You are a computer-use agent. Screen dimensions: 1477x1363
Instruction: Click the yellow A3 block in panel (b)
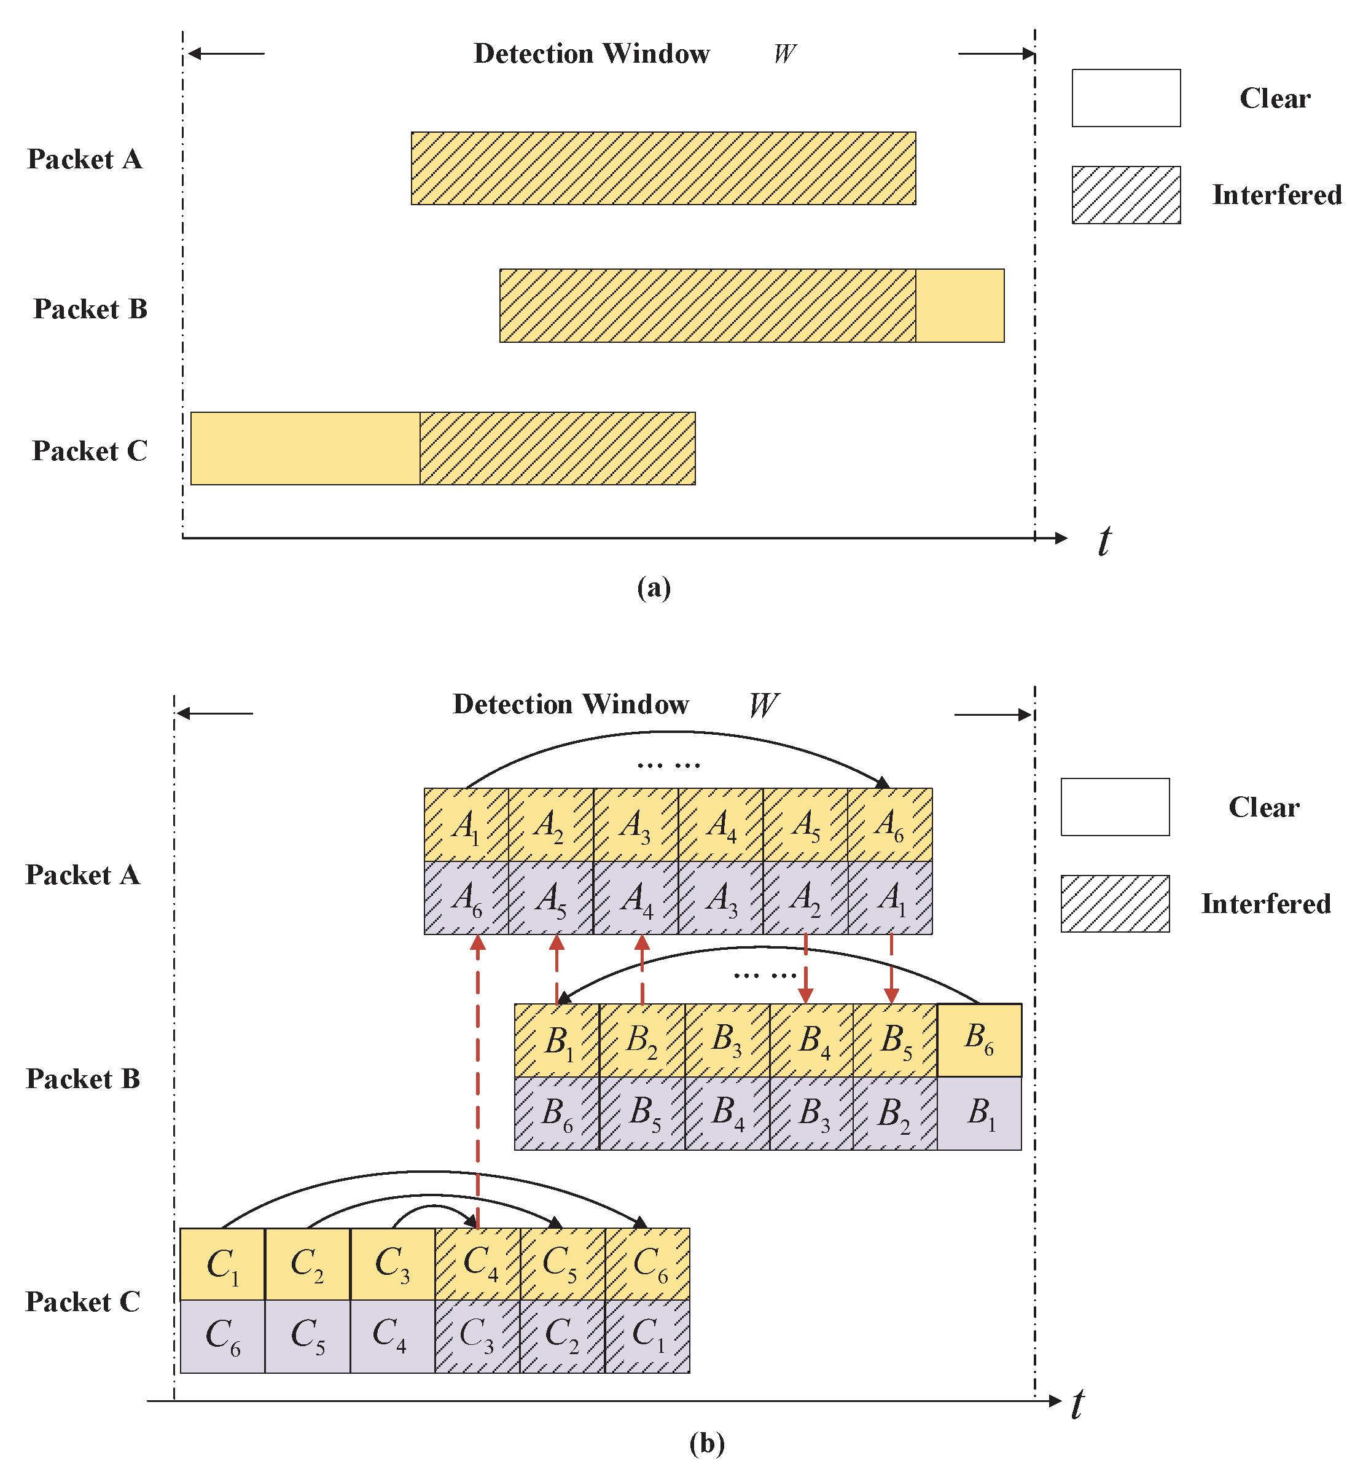(635, 825)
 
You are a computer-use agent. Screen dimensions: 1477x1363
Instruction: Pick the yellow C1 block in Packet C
(222, 1264)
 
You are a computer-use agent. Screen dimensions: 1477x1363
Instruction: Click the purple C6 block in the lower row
(222, 1336)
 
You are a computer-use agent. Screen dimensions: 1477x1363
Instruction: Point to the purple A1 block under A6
(889, 898)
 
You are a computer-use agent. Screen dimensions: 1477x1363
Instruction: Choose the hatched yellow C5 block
(562, 1264)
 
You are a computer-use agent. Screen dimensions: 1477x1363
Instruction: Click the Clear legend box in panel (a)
(1125, 98)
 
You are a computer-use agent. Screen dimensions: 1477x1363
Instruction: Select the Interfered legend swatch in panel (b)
(1114, 904)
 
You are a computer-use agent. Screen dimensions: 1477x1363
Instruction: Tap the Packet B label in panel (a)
(90, 309)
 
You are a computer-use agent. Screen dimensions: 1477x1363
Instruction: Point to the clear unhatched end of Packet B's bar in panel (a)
(959, 305)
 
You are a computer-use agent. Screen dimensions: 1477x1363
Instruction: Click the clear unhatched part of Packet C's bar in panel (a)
(305, 449)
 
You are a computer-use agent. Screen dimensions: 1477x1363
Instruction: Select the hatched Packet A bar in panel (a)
(663, 168)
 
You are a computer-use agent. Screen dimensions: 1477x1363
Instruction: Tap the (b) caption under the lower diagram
(706, 1443)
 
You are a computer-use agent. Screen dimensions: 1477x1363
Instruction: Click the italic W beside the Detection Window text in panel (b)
(764, 705)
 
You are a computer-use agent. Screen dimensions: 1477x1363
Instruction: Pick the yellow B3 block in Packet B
(727, 1040)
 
